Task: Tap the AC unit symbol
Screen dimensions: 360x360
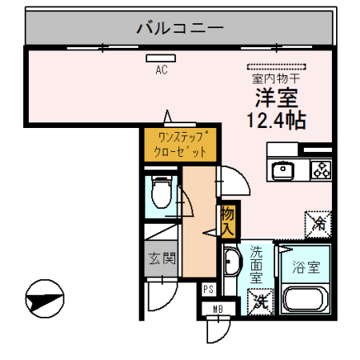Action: pyautogui.click(x=155, y=58)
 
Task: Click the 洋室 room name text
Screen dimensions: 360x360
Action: pyautogui.click(x=277, y=99)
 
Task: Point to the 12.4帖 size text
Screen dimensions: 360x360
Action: pyautogui.click(x=277, y=121)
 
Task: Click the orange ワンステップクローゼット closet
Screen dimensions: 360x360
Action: pyautogui.click(x=181, y=144)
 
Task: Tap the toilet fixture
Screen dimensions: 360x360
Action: pyautogui.click(x=160, y=193)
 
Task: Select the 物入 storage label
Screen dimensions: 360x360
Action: pyautogui.click(x=228, y=219)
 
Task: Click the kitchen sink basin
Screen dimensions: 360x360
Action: pyautogui.click(x=284, y=170)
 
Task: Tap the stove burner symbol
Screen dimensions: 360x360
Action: pyautogui.click(x=321, y=170)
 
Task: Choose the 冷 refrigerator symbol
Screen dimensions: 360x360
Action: pyautogui.click(x=318, y=221)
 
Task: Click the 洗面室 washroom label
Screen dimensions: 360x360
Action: pyautogui.click(x=257, y=264)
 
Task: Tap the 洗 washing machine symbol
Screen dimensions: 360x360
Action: pyautogui.click(x=260, y=302)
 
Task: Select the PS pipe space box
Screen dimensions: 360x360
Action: pyautogui.click(x=208, y=290)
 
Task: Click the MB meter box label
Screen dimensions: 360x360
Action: pyautogui.click(x=217, y=309)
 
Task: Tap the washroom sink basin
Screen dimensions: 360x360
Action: pyautogui.click(x=232, y=263)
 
